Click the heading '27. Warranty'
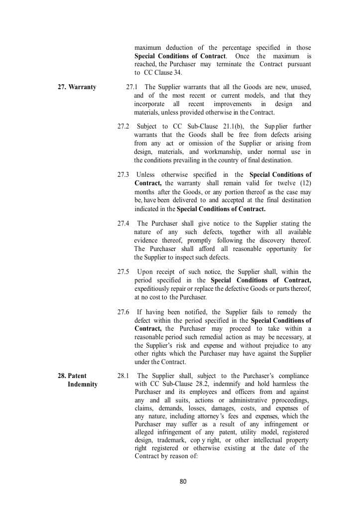point(77,87)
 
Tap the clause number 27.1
point(132,87)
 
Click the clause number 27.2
point(123,127)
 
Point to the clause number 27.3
point(123,175)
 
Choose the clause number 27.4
point(123,224)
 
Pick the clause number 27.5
point(123,272)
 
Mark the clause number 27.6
point(123,312)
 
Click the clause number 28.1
point(123,376)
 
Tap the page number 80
point(183,482)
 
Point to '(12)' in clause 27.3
point(305,183)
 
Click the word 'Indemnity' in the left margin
point(83,384)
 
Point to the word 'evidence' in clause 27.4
point(147,240)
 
